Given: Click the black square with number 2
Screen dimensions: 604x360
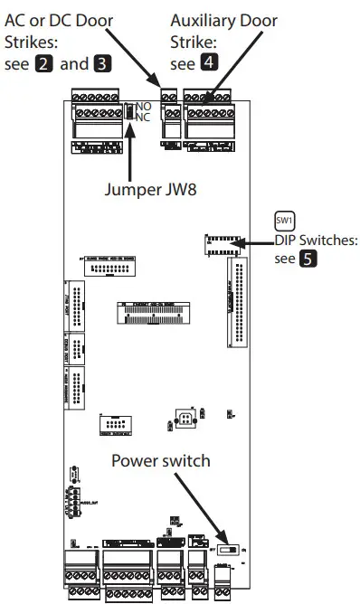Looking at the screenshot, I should point(43,65).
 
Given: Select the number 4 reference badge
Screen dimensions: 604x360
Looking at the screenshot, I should point(207,65).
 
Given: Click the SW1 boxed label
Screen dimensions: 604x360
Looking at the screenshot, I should point(286,221).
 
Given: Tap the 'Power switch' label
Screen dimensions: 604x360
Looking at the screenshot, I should point(161,461).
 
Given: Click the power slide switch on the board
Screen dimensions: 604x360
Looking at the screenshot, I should point(232,548).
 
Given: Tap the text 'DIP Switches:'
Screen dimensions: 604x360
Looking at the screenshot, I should point(317,241).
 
